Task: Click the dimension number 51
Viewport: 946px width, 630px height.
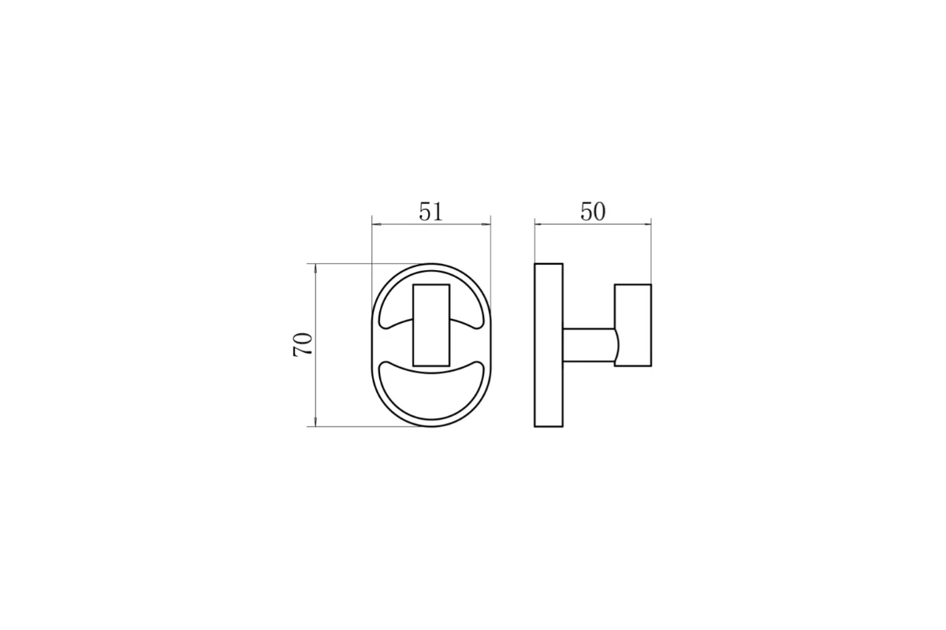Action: coord(430,212)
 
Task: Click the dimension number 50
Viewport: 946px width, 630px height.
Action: coord(593,212)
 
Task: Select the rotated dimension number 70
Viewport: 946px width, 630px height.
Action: coord(303,345)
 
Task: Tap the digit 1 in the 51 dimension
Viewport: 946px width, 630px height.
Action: coord(438,212)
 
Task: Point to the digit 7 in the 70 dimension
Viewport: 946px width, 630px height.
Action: coord(303,351)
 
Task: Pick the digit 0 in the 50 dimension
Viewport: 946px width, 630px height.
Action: coord(600,212)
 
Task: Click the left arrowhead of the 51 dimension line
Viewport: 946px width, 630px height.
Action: coord(376,224)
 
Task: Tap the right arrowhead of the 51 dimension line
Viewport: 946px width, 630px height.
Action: coord(486,224)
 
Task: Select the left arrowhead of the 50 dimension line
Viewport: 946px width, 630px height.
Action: coord(539,224)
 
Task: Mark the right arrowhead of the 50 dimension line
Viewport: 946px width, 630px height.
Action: coord(646,224)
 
